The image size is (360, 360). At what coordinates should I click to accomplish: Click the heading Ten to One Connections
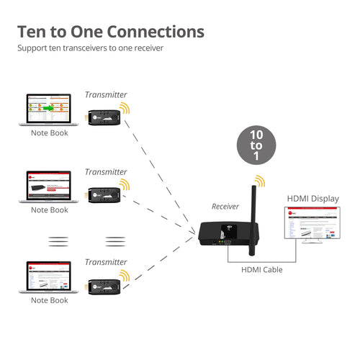[x=110, y=32]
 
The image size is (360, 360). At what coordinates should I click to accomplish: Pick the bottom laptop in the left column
[x=49, y=278]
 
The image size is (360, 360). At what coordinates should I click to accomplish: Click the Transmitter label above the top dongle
[x=106, y=94]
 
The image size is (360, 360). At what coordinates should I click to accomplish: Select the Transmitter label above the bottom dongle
[x=106, y=262]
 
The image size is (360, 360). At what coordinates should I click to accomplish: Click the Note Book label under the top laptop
[x=49, y=133]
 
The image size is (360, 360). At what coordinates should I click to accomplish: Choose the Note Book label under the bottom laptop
[x=49, y=300]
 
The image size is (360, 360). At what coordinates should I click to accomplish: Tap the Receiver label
[x=225, y=207]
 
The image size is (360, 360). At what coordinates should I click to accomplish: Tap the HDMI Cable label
[x=261, y=270]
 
